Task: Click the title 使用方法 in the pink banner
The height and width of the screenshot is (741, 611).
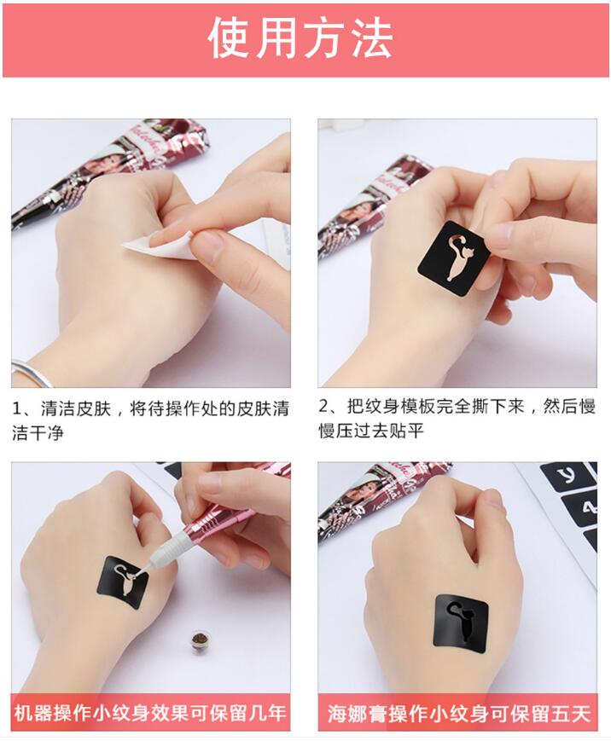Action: pyautogui.click(x=300, y=39)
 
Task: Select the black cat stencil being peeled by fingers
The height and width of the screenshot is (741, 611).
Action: pyautogui.click(x=453, y=258)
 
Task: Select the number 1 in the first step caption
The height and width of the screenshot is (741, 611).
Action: pyautogui.click(x=16, y=408)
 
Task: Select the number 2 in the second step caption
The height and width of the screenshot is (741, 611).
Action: pyautogui.click(x=323, y=406)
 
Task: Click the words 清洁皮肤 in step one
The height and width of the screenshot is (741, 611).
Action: pyautogui.click(x=76, y=408)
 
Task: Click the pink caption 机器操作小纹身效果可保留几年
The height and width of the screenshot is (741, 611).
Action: pyautogui.click(x=151, y=713)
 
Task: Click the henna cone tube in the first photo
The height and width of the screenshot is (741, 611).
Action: pyautogui.click(x=108, y=171)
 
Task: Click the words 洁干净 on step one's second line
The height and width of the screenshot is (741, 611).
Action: pyautogui.click(x=38, y=433)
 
